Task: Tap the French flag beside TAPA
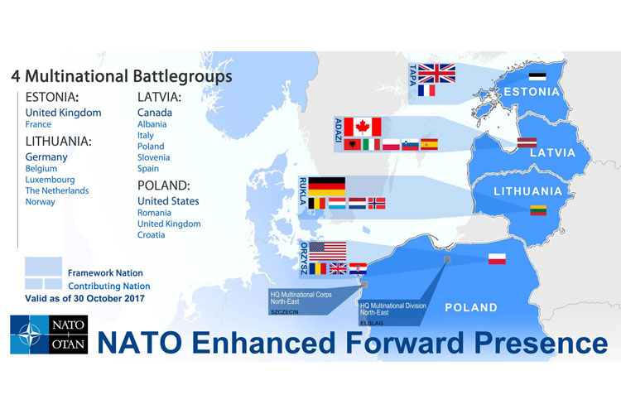[427, 91]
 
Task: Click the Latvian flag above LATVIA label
[528, 142]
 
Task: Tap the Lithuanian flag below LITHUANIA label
[539, 210]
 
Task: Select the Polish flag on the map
[498, 258]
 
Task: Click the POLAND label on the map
[471, 308]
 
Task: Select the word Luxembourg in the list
[50, 179]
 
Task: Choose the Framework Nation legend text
[105, 272]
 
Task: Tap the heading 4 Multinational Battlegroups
[121, 76]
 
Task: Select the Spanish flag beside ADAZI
[429, 144]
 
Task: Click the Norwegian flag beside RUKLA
[377, 203]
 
